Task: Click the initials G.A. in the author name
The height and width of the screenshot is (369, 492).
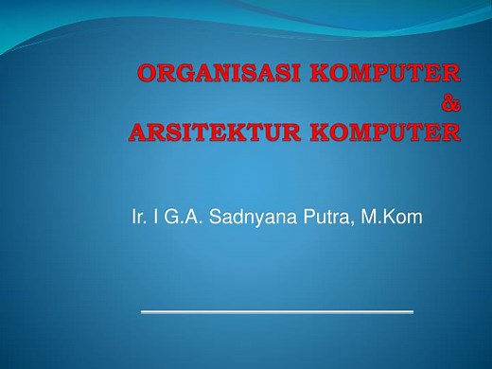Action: point(181,220)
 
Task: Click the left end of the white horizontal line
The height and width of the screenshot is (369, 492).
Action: point(142,310)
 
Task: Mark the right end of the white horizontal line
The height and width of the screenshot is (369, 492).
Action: point(413,310)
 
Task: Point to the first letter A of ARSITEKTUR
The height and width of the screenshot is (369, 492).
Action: point(137,132)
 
